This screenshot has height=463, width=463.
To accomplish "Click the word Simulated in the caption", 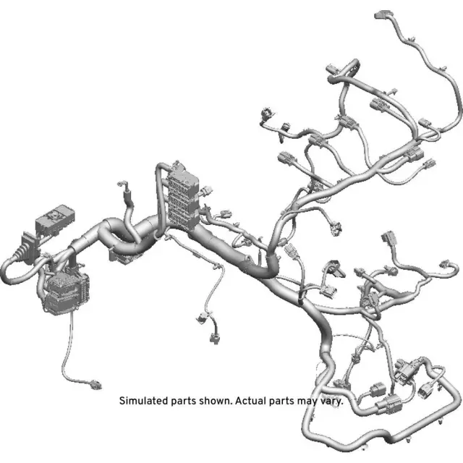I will [142, 400].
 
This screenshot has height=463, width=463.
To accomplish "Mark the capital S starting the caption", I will [122, 400].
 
